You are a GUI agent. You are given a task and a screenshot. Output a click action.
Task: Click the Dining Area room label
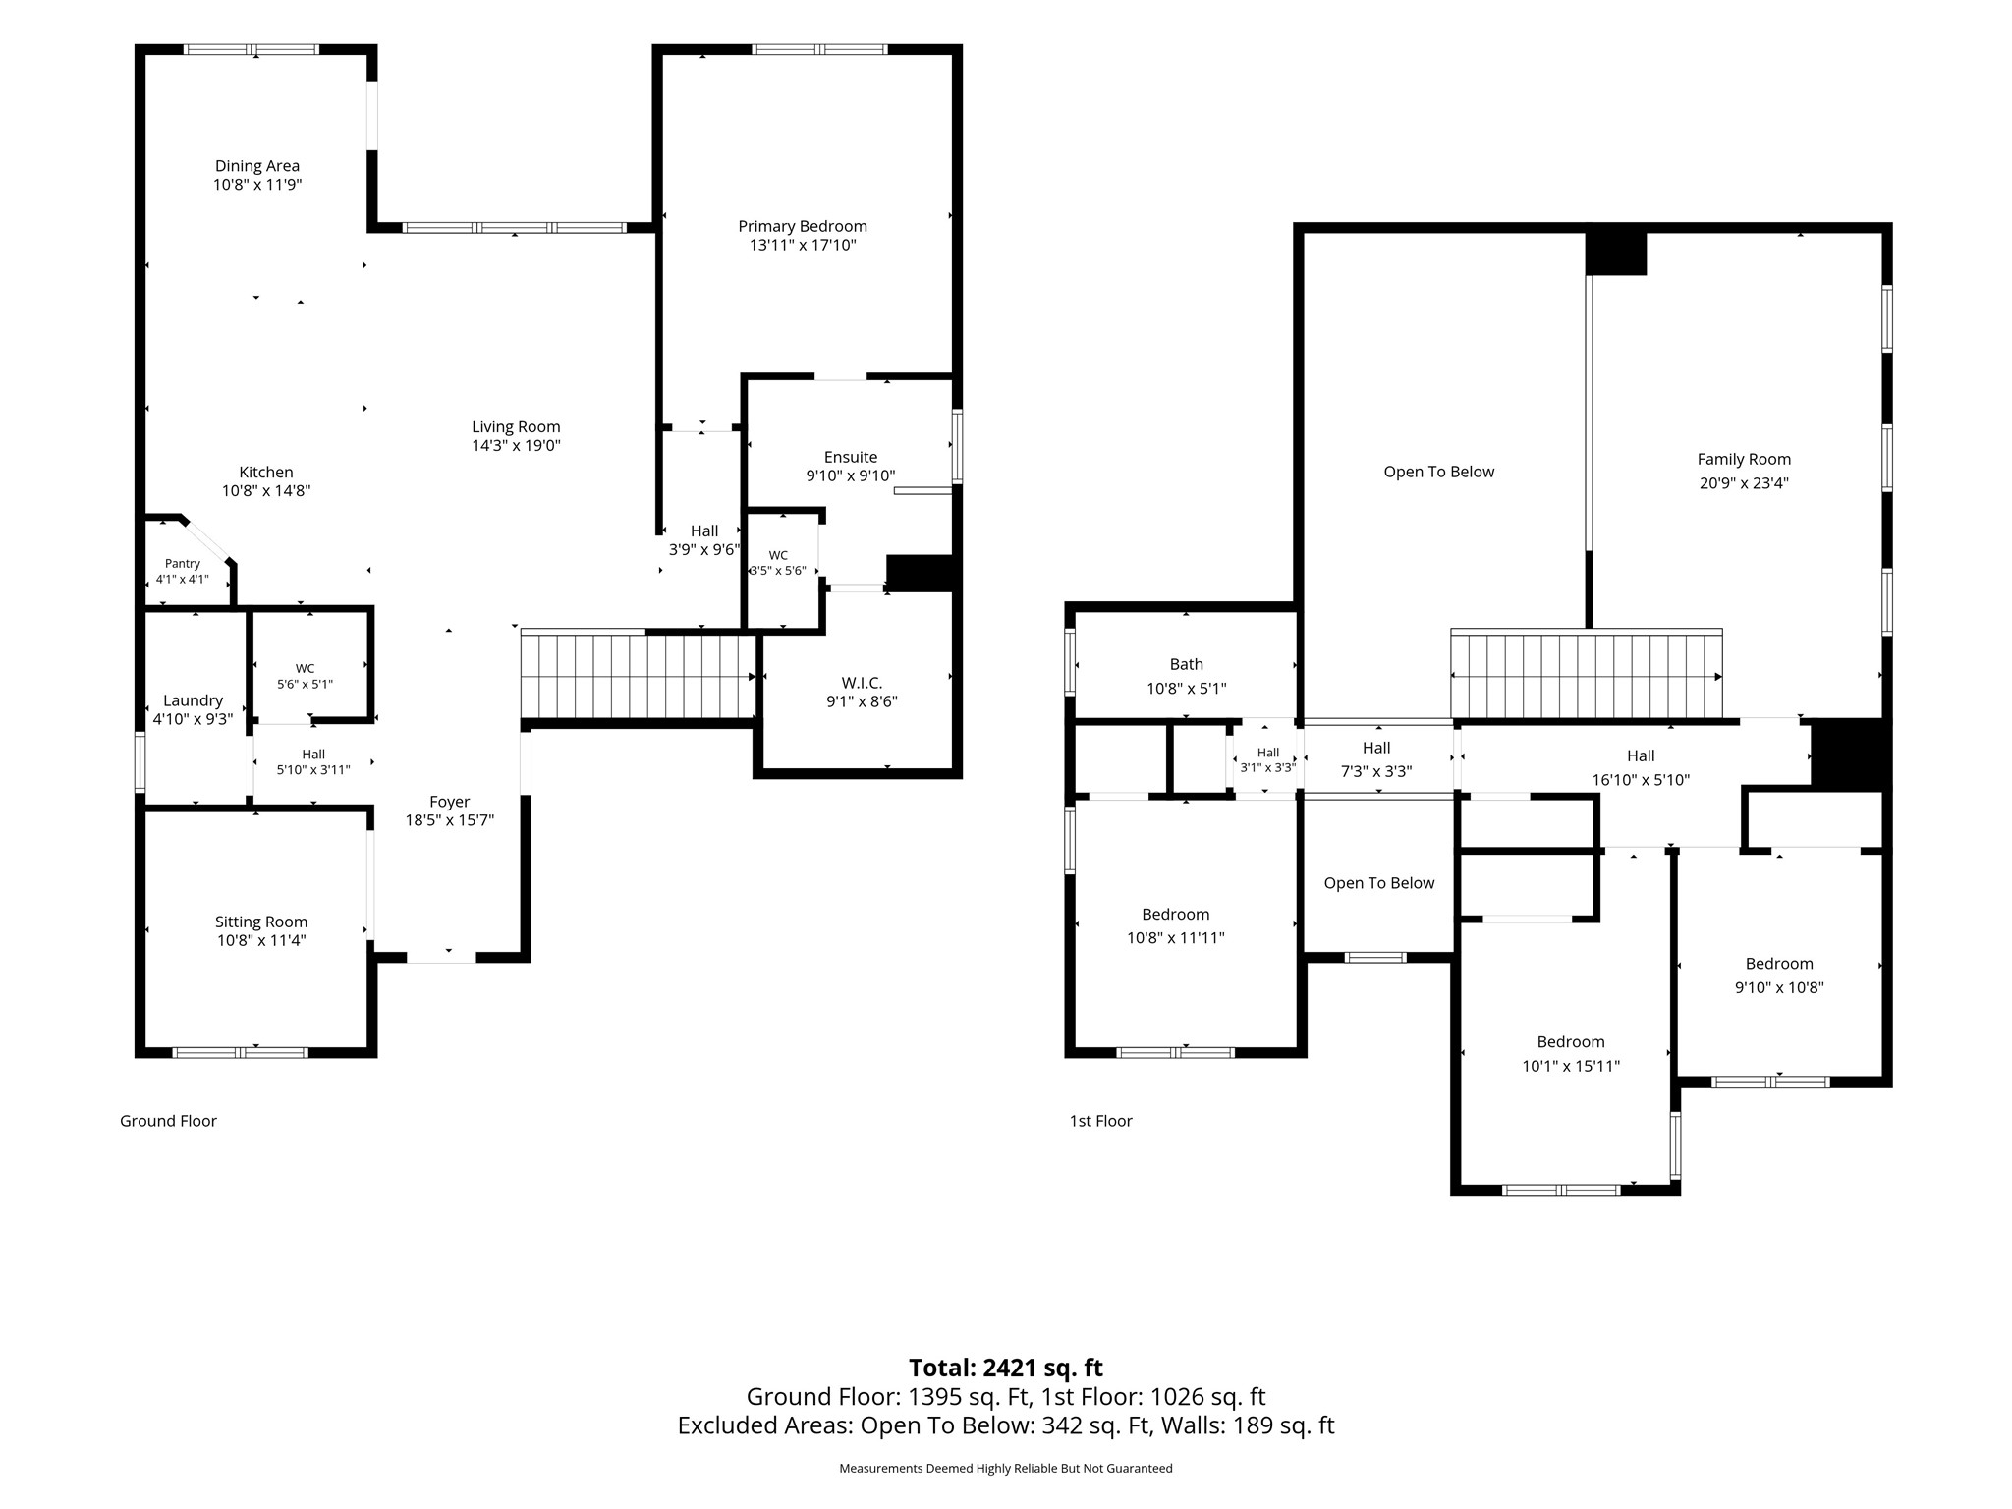[257, 166]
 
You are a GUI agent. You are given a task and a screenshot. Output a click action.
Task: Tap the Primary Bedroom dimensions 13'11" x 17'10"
[803, 245]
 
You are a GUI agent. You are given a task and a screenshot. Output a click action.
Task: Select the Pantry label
[183, 564]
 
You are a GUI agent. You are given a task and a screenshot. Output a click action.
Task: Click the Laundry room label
[193, 700]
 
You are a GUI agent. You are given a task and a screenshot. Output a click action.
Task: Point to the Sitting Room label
[261, 922]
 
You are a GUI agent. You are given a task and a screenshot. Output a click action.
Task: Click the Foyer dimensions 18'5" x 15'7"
[450, 820]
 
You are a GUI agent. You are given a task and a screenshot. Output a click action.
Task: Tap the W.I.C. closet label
[862, 683]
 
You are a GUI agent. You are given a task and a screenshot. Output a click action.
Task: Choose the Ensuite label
[851, 457]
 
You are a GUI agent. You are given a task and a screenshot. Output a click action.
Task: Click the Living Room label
[516, 426]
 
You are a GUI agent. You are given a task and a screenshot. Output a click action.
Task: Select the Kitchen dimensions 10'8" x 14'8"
[266, 490]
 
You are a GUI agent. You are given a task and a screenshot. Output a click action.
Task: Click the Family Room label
[1744, 459]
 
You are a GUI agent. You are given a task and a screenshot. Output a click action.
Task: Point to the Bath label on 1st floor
[1187, 664]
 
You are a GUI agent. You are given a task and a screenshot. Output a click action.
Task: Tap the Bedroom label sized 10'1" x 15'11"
[1571, 1041]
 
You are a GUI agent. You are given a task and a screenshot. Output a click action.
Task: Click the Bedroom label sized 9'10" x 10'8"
[1779, 963]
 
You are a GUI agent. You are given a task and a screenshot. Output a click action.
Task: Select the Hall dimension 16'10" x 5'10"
[1641, 780]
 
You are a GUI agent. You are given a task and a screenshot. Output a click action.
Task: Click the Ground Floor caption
[168, 1121]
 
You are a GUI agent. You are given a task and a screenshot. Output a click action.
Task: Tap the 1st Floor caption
[1101, 1121]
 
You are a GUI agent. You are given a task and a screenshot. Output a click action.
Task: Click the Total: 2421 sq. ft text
[1006, 1368]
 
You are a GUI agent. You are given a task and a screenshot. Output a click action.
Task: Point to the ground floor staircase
[640, 676]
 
